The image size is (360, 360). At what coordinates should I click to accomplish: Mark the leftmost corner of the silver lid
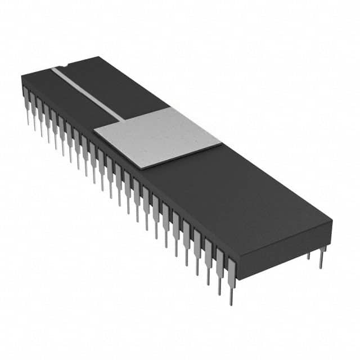(94, 132)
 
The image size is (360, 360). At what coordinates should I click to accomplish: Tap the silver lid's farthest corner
(169, 107)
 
